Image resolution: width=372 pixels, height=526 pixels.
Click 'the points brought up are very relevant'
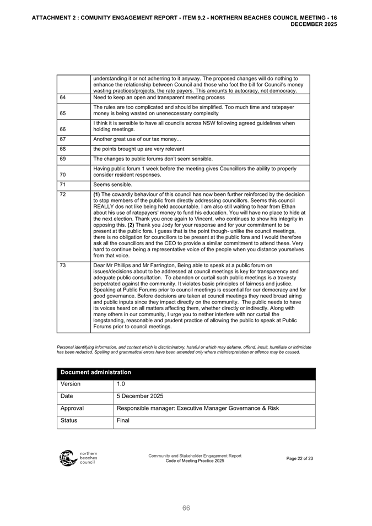[x=139, y=149]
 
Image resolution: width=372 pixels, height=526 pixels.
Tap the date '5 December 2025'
[x=141, y=396]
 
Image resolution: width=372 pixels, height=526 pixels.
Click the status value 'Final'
[x=123, y=420]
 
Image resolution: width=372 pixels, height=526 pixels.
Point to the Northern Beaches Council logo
[x=78, y=458]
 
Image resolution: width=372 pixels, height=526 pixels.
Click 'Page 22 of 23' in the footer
[x=300, y=458]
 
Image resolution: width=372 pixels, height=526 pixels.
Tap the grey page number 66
[x=186, y=508]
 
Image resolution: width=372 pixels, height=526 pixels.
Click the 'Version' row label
[x=71, y=384]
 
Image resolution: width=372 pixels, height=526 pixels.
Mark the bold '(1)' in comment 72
[x=97, y=194]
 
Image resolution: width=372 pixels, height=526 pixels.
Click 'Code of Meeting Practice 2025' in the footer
[x=195, y=461]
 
